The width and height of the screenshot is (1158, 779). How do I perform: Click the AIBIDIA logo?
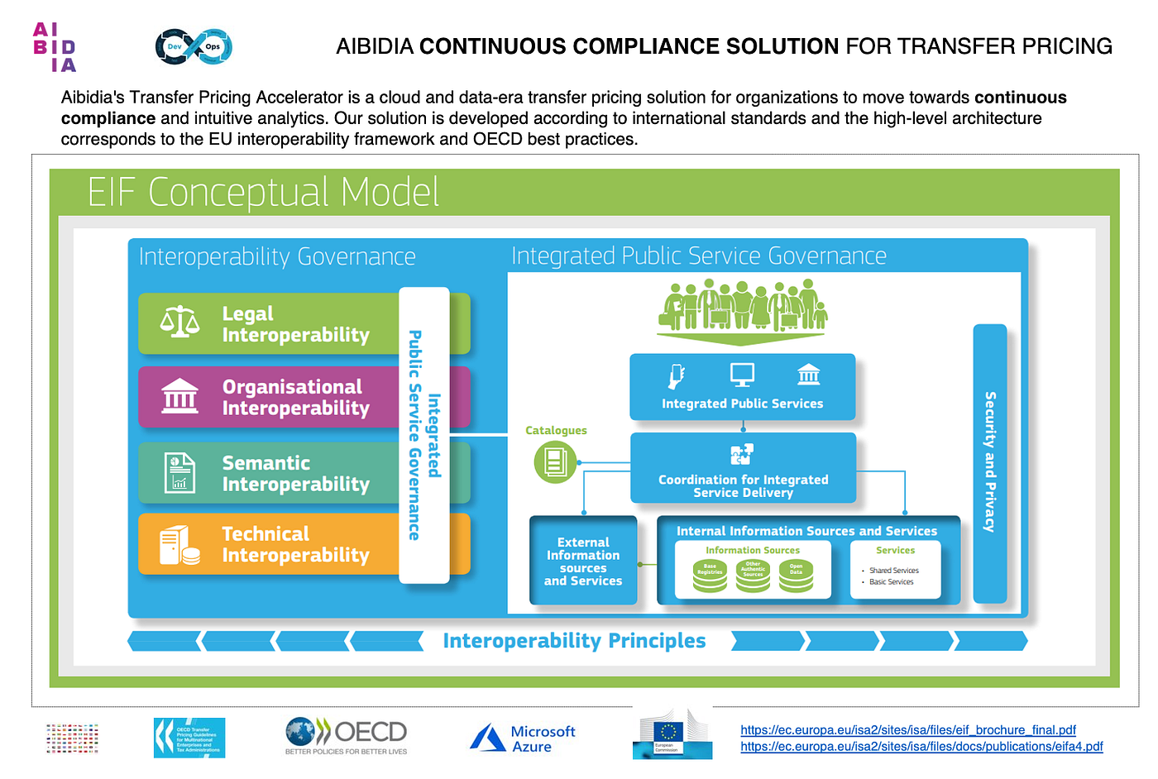(55, 47)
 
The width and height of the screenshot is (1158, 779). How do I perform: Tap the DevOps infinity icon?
(194, 46)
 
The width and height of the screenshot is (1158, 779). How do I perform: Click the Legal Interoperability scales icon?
(179, 322)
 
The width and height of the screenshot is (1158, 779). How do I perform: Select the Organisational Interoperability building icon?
(179, 395)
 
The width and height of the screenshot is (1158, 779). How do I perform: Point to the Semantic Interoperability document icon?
(179, 472)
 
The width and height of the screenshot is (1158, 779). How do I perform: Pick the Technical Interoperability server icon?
(179, 545)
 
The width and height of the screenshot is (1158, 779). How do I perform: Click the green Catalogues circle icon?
(554, 461)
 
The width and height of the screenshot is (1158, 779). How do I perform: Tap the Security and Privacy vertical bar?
(989, 462)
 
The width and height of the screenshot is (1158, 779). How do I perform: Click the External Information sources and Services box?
(583, 562)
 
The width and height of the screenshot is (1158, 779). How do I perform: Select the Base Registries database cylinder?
(710, 574)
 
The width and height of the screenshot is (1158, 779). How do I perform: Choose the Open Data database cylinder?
(796, 574)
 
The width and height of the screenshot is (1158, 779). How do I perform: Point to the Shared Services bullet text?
(893, 571)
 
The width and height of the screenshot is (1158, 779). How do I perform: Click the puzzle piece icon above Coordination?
(742, 454)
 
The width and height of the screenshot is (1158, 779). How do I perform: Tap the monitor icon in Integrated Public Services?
(742, 375)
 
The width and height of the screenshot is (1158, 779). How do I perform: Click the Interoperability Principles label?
(574, 641)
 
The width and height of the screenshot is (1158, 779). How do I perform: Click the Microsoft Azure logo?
(522, 738)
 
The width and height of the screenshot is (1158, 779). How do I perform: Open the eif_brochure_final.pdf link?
(907, 730)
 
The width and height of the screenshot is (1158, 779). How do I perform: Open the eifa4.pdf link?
(921, 747)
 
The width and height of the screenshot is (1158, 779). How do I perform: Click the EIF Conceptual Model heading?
(263, 192)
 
